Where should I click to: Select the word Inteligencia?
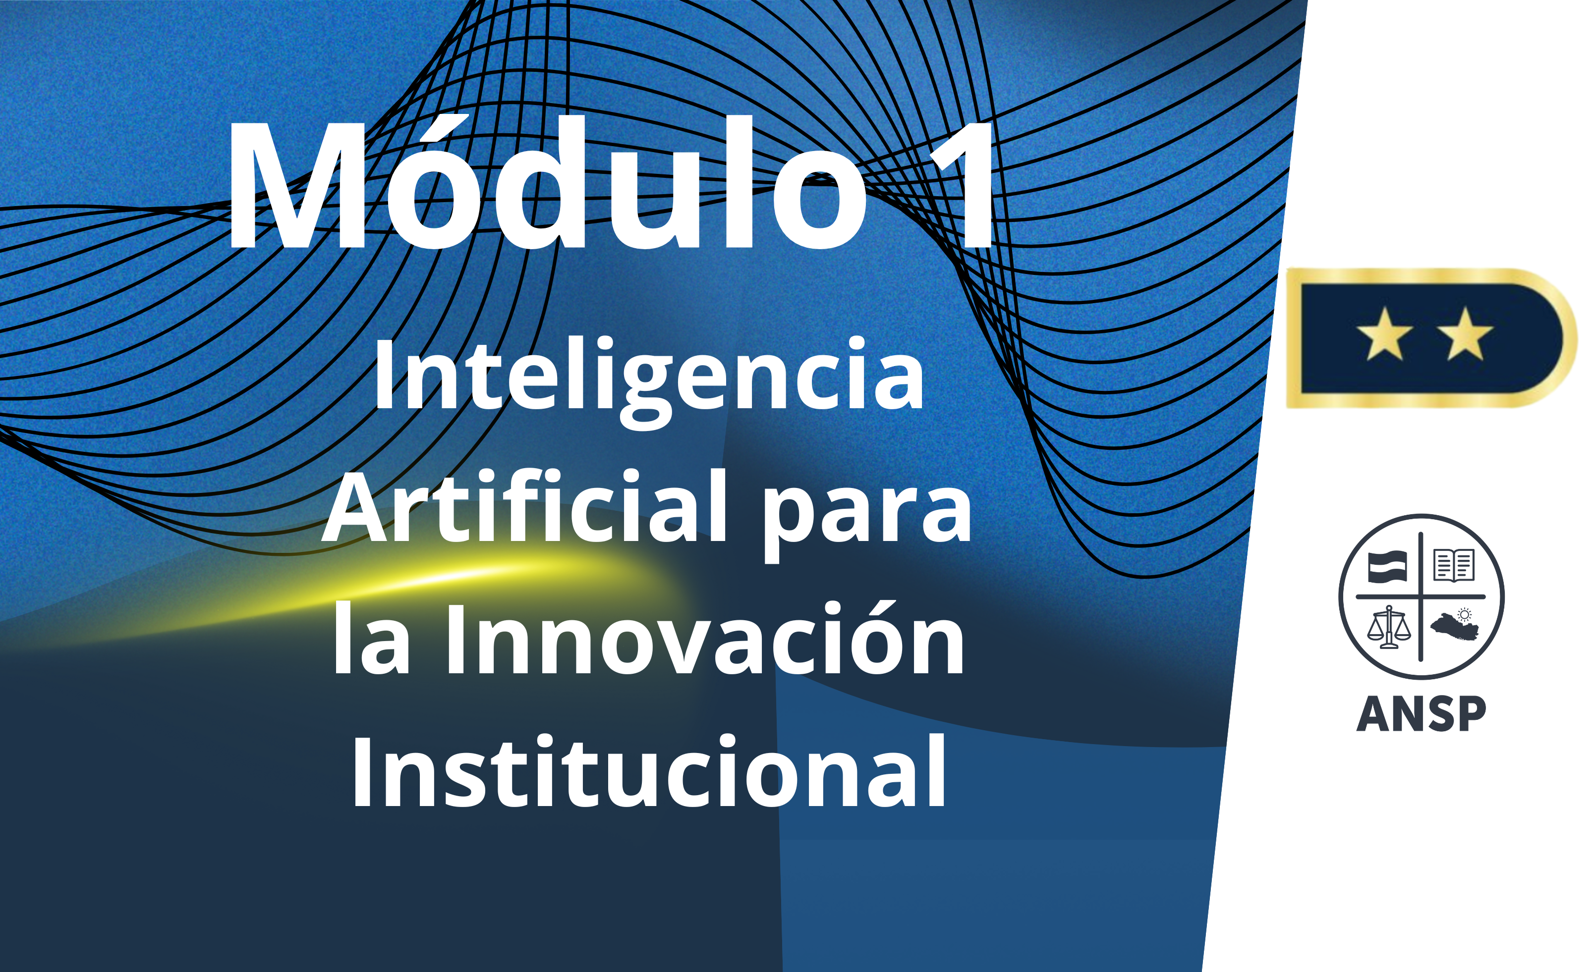coord(648,379)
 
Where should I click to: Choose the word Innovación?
coord(705,639)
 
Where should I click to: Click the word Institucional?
coord(648,770)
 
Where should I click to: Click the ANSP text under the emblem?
coord(1421,714)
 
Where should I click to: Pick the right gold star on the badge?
coord(1465,334)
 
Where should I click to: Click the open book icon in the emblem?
coord(1454,565)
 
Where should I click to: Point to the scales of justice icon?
coord(1389,627)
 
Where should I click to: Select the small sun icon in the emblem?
coord(1465,614)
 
